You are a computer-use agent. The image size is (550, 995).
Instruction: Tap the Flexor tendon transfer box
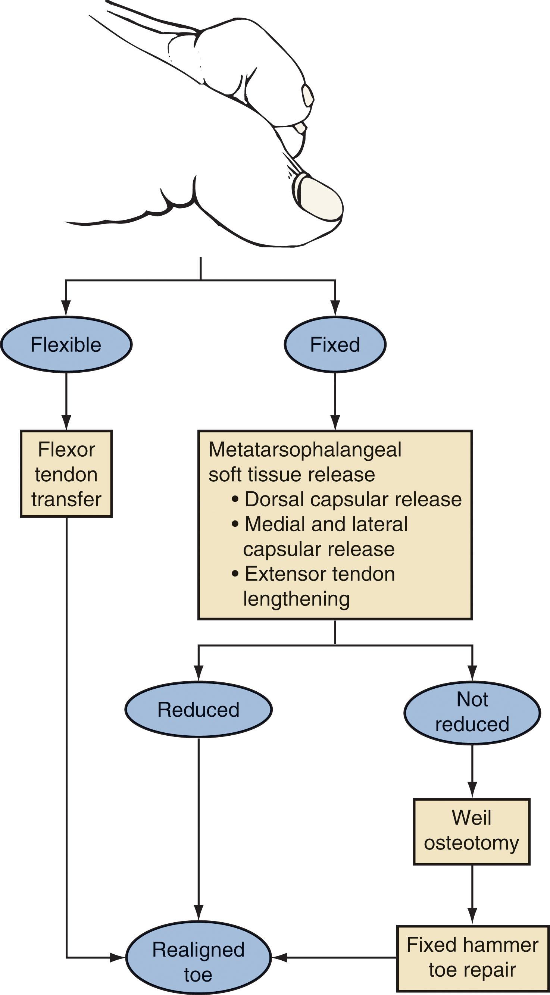click(x=66, y=474)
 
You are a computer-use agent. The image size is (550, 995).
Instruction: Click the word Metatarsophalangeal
click(x=305, y=450)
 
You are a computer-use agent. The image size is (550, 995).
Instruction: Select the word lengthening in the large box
click(x=296, y=599)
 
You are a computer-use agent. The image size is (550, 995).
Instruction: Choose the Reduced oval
click(x=198, y=710)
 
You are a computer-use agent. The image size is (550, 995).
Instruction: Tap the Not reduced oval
click(x=472, y=711)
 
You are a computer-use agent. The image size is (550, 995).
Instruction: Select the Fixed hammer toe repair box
click(x=472, y=958)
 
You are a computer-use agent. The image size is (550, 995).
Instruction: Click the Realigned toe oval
click(x=198, y=962)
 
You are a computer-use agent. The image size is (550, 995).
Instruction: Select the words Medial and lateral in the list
click(x=326, y=524)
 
